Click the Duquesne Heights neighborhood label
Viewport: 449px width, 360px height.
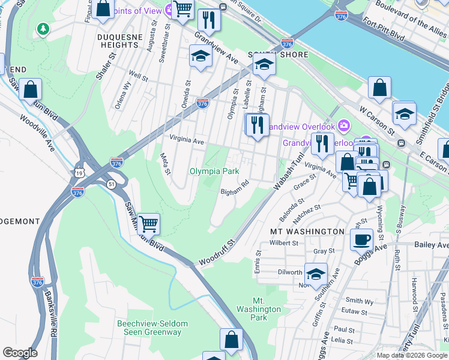(x=118, y=40)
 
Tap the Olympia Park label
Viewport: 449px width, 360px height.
(x=214, y=172)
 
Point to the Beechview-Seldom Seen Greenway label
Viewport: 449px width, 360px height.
(x=152, y=328)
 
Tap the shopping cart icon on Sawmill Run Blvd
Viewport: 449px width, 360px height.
(x=148, y=224)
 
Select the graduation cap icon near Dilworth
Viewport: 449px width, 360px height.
(x=316, y=274)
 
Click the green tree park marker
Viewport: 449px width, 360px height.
(x=43, y=28)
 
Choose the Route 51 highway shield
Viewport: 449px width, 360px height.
(x=112, y=184)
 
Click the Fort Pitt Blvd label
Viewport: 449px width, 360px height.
(x=396, y=31)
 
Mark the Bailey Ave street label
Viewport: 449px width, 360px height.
(x=431, y=245)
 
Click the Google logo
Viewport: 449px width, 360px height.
(x=20, y=353)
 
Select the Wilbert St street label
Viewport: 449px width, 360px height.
(x=284, y=243)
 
